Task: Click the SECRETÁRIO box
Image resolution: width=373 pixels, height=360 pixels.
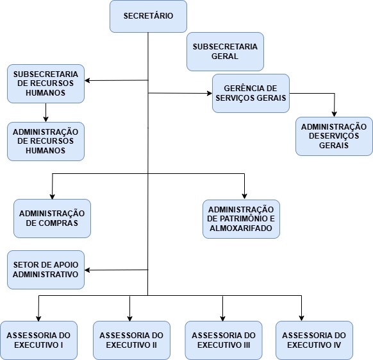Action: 148,16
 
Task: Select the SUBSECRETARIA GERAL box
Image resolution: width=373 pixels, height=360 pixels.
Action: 225,51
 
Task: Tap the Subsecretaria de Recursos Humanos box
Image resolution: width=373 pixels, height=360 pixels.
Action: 46,83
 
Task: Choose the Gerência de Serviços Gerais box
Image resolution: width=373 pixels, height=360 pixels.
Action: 251,93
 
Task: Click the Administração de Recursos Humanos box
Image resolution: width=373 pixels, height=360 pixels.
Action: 46,142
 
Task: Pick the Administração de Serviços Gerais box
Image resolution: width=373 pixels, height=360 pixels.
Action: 334,136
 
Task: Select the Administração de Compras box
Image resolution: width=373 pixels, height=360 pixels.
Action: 52,218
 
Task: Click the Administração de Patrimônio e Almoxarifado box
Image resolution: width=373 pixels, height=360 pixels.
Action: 241,219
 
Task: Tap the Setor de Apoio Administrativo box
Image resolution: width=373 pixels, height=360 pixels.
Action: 46,270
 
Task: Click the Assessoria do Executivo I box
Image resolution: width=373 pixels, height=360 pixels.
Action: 38,340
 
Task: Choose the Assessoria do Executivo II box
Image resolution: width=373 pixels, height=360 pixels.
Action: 131,340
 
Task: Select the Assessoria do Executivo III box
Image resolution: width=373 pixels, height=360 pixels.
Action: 224,340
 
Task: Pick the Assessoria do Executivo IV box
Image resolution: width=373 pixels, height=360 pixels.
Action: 314,340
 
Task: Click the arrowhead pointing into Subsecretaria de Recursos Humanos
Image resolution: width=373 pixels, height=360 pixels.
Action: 87,80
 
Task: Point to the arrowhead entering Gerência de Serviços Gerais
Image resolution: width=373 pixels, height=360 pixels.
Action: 210,93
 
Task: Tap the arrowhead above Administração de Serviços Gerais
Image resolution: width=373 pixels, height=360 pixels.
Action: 334,114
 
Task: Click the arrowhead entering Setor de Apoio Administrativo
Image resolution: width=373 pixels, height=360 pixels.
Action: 87,270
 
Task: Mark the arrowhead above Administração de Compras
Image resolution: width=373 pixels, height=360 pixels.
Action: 53,196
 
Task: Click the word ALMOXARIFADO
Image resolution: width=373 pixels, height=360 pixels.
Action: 241,228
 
